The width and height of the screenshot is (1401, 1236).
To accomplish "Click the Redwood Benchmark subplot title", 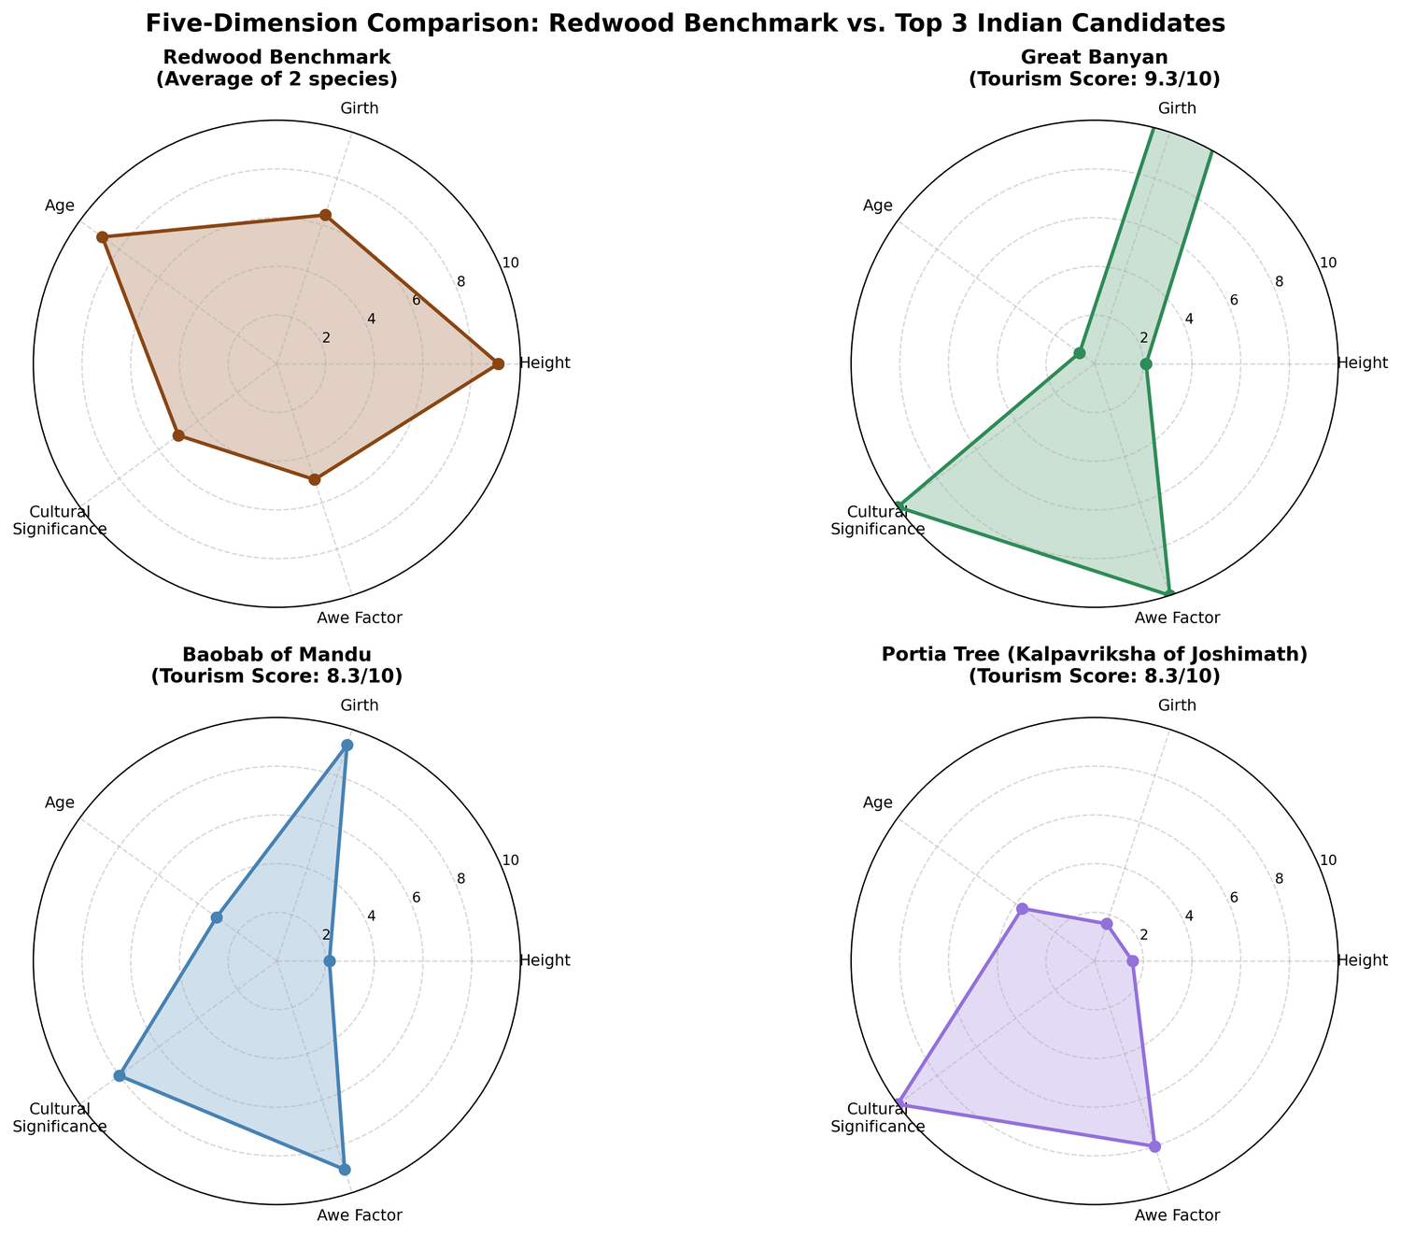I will [x=276, y=68].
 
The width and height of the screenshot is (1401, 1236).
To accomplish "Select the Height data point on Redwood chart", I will [x=498, y=363].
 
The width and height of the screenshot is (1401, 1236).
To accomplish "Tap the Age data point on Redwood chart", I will [x=103, y=237].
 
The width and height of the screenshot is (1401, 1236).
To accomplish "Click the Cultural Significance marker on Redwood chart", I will [x=177, y=435].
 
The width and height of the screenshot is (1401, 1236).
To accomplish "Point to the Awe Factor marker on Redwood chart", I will [x=315, y=479].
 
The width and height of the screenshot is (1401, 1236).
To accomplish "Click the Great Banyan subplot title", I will [x=1094, y=68].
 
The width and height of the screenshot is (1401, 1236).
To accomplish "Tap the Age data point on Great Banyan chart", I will [x=1079, y=353].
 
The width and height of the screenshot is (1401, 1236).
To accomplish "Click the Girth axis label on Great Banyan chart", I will [x=1177, y=108].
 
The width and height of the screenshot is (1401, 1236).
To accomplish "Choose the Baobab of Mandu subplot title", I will [x=276, y=665].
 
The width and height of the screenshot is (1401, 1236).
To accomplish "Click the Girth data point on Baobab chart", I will [x=347, y=745].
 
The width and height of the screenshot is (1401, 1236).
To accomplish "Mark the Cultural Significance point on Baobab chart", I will [x=120, y=1075].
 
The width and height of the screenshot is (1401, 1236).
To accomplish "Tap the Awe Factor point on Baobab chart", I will [x=345, y=1169].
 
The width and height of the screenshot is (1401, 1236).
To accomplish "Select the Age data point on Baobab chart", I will [x=216, y=917].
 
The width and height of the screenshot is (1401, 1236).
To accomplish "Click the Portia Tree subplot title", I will [x=1094, y=665].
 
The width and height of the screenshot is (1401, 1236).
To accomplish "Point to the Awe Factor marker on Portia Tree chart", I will [x=1154, y=1146].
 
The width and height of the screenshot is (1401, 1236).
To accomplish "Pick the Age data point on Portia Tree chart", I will [x=1022, y=908].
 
